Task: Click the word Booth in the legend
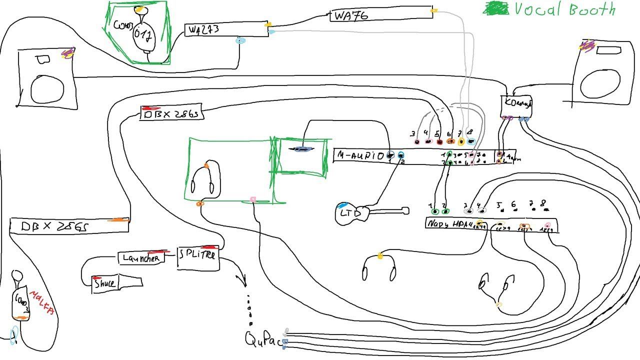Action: pos(585,9)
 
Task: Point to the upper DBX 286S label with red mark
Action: pos(171,114)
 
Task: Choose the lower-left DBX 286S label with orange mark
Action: pos(55,226)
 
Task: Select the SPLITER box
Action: pos(197,255)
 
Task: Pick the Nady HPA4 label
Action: pos(448,224)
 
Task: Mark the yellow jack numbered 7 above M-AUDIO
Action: pos(461,141)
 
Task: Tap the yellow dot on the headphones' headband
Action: pos(380,256)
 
